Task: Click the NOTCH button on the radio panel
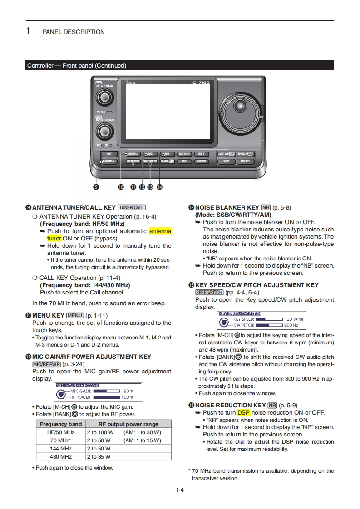[184, 154]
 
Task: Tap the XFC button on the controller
[226, 161]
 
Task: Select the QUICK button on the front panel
[201, 161]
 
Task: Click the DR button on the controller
[184, 161]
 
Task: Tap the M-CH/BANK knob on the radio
[105, 131]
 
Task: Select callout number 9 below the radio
[96, 186]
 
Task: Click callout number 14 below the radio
[159, 186]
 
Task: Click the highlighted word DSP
[243, 412]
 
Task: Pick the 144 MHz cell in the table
[61, 448]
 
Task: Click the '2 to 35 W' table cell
[99, 456]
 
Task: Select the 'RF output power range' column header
[128, 424]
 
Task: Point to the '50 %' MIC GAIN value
[128, 391]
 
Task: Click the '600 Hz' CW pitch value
[291, 325]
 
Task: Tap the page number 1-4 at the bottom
[180, 489]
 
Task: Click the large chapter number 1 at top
[28, 31]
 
